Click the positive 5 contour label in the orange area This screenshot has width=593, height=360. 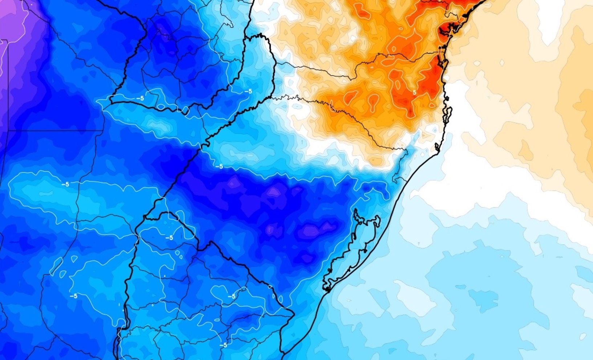[414, 93]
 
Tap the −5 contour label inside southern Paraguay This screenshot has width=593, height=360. [140, 98]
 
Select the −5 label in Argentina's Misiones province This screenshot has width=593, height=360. [248, 91]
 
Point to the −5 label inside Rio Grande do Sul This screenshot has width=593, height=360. [219, 166]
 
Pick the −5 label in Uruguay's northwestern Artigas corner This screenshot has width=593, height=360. [169, 238]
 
